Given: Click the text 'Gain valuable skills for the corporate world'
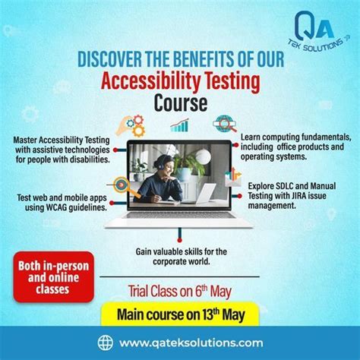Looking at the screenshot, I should [180, 257].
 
